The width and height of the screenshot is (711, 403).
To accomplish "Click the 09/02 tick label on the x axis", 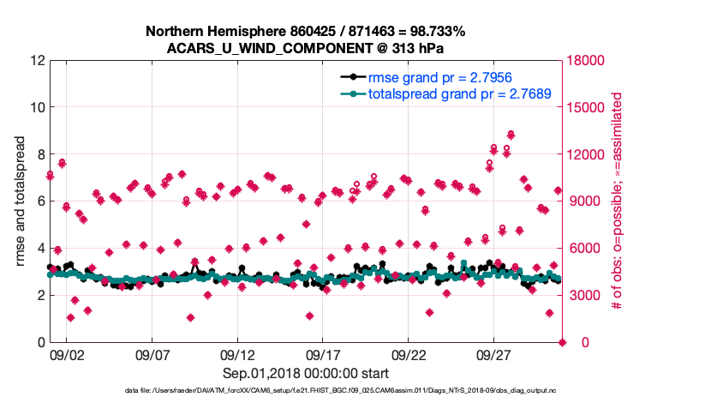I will click(x=66, y=354).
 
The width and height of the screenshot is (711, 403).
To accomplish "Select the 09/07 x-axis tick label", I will click(x=152, y=354).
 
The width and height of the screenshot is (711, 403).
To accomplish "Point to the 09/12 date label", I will click(x=237, y=354).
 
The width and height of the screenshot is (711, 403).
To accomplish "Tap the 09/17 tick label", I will click(x=323, y=354).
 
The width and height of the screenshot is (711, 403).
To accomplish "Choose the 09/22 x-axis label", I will click(x=409, y=354).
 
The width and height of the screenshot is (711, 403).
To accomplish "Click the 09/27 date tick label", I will click(x=494, y=354).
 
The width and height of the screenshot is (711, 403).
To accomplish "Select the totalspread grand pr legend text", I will click(x=459, y=93).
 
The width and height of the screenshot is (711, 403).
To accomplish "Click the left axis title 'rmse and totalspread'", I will click(x=21, y=201).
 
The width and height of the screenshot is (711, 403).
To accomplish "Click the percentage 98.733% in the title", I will click(x=434, y=32).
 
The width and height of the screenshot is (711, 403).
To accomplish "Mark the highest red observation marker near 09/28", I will click(x=511, y=135).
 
